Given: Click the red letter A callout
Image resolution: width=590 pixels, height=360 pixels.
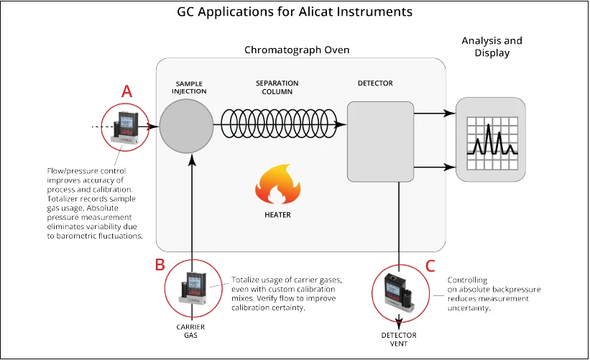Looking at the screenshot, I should pos(127,91).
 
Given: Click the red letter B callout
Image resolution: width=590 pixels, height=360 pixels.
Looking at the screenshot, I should pos(160,264).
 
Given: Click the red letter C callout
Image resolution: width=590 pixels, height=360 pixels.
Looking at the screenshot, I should pos(430,265).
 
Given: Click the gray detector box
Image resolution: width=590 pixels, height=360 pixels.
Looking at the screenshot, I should pos(380,141).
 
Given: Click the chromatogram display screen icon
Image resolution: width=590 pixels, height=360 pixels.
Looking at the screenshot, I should pos(490,139).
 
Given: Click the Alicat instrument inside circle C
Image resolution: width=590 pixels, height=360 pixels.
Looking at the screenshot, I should pos(398,291).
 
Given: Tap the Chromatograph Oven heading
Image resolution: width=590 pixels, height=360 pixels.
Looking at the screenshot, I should pos(297,50).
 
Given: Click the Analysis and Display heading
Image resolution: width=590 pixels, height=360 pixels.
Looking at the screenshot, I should pos(492,47).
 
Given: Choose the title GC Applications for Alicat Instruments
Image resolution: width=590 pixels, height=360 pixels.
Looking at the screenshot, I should pos(295,12).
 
